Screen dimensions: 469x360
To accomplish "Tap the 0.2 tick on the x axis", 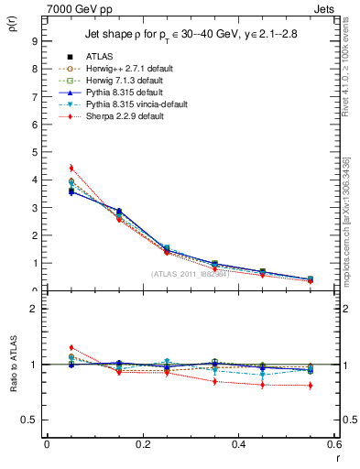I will click(x=142, y=445).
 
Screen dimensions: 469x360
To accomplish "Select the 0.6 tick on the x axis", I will click(x=334, y=445).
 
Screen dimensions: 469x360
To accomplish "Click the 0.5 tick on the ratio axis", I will click(x=30, y=420).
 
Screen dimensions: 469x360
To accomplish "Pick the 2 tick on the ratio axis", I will click(x=34, y=309).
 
